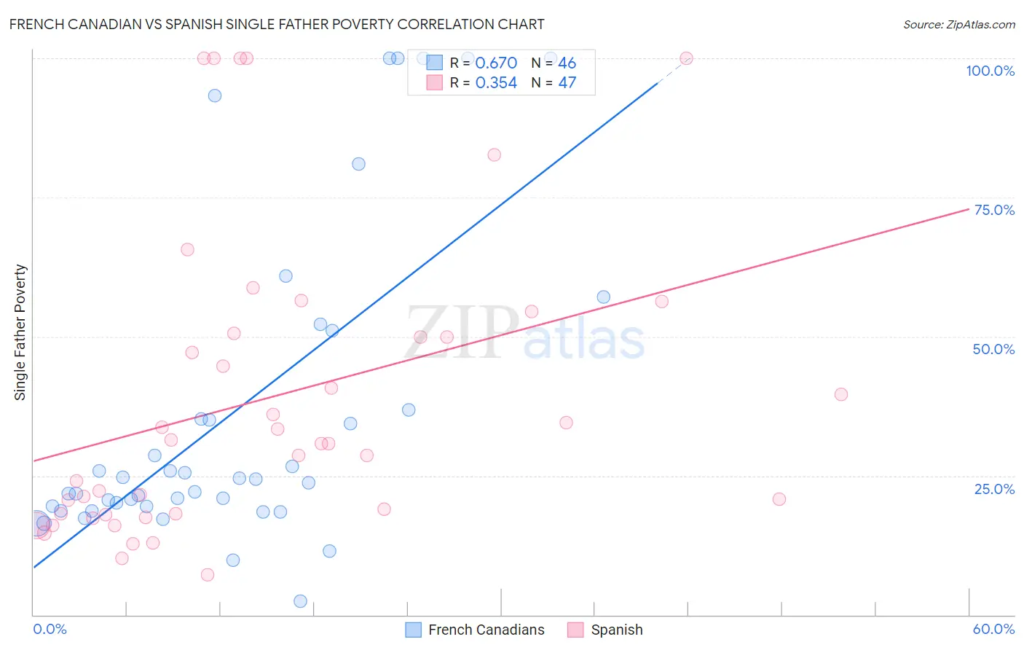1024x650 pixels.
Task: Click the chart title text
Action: tap(277, 24)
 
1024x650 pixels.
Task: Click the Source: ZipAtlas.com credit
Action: tap(958, 25)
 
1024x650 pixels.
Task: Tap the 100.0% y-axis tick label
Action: tap(990, 71)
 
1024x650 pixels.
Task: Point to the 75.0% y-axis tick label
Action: tap(994, 210)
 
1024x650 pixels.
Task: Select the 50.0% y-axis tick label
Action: tap(993, 349)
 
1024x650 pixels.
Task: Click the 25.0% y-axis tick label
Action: tap(994, 489)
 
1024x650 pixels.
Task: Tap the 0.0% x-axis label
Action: tap(50, 629)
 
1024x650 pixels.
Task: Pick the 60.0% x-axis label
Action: tap(993, 629)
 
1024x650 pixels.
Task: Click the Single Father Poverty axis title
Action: tap(20, 332)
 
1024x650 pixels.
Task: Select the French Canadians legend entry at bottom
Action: tap(475, 630)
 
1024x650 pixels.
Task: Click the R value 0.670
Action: tap(496, 63)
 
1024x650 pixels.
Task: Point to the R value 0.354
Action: tap(496, 83)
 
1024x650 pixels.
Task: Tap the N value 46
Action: tap(567, 63)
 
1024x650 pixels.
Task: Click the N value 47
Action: tap(567, 83)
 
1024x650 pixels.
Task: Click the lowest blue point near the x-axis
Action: tap(300, 601)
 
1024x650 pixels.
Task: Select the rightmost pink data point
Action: tap(841, 394)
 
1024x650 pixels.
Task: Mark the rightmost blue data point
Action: tap(604, 297)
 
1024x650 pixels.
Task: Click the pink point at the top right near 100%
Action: tap(686, 58)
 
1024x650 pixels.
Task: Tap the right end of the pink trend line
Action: tap(969, 208)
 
